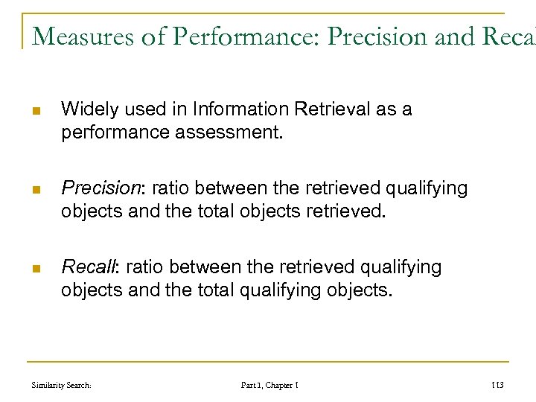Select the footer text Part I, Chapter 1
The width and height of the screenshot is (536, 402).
(x=269, y=384)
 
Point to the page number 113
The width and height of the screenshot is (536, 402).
(x=497, y=384)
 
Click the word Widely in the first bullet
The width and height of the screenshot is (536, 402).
(x=85, y=109)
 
